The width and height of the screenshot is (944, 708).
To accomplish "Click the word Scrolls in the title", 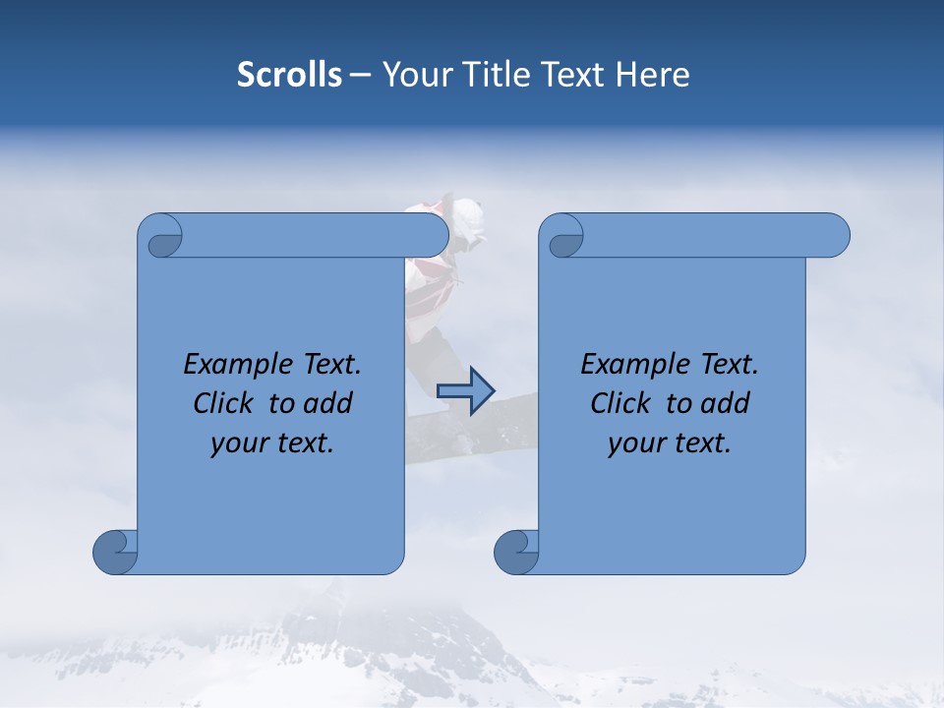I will pyautogui.click(x=289, y=74).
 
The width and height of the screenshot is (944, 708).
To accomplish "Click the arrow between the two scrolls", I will pyautogui.click(x=465, y=390).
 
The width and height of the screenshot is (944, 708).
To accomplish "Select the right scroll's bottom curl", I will pyautogui.click(x=517, y=551).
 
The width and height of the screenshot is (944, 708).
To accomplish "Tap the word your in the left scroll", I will pyautogui.click(x=238, y=443).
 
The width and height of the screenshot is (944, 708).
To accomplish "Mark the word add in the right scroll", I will pyautogui.click(x=725, y=403).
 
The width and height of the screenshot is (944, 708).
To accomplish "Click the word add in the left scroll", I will pyautogui.click(x=327, y=403).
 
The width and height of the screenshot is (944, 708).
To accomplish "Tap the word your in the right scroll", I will pyautogui.click(x=635, y=443).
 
